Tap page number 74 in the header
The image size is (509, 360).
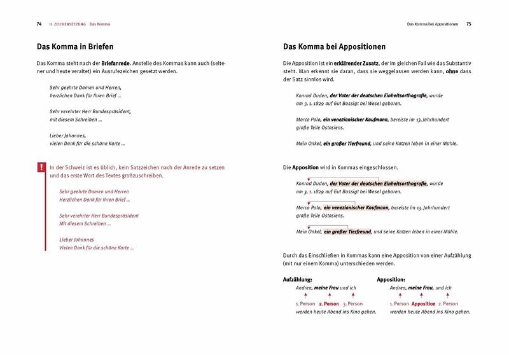39,24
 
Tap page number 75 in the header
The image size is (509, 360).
468,24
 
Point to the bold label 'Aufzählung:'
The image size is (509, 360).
297,279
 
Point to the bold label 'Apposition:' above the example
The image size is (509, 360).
391,279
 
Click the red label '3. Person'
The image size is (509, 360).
353,303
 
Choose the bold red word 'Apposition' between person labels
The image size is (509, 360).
423,303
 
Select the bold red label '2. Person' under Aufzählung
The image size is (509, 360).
329,303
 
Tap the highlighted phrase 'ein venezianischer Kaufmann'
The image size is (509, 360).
352,207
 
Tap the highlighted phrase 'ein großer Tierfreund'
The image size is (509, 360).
347,232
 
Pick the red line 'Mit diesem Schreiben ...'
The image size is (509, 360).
85,224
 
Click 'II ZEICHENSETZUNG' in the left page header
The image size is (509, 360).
67,24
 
